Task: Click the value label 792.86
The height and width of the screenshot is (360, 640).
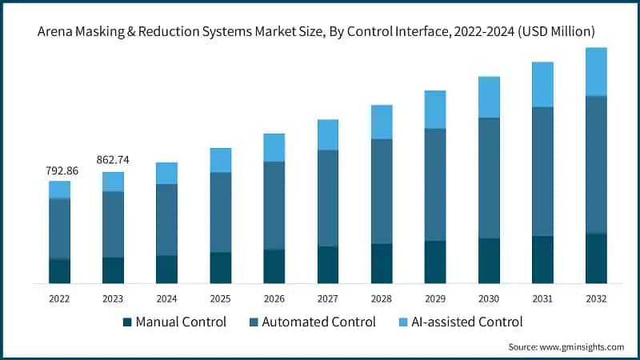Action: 59,170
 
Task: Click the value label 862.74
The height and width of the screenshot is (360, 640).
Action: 113,160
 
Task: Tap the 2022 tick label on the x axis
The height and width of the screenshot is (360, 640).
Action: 59,298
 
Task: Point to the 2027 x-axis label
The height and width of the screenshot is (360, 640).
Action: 327,298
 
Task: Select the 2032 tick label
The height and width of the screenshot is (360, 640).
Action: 595,298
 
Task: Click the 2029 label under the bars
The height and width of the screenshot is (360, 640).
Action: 434,298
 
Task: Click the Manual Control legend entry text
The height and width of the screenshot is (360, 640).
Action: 181,322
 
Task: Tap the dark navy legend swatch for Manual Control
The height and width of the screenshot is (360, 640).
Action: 126,322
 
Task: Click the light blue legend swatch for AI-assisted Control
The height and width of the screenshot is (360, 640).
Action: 404,322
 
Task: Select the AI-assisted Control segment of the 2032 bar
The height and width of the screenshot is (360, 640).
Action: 595,71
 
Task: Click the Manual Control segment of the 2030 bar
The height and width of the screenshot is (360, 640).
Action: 488,260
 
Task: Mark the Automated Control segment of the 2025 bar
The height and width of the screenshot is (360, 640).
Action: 220,212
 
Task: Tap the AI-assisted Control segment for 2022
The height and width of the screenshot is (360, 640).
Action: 59,190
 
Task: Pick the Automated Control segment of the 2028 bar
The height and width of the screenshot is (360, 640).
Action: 381,191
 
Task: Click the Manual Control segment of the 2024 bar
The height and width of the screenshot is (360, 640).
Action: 166,269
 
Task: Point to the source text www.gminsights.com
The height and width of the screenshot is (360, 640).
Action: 566,347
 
